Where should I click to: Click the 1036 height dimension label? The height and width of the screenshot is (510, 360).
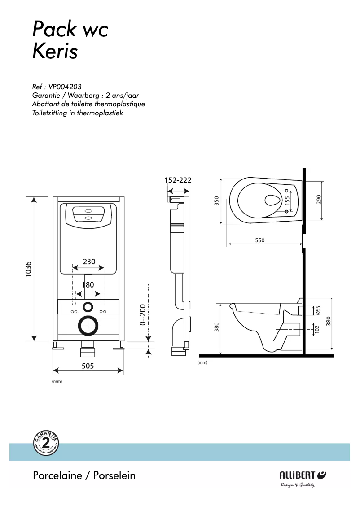coord(28,269)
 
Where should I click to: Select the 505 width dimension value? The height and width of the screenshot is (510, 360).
coord(88,366)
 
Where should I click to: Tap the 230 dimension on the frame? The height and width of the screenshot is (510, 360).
coord(88,262)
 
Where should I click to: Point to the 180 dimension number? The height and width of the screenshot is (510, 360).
coord(88,285)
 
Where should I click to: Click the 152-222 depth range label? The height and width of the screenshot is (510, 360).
coord(178,180)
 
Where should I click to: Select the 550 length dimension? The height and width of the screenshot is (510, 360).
coord(260,240)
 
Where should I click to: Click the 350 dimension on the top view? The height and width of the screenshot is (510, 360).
coord(216,201)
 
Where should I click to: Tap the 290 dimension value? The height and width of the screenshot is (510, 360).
coord(319,200)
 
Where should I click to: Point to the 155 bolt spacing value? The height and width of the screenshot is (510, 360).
coord(287,201)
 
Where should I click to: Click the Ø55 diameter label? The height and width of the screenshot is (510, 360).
coord(318,310)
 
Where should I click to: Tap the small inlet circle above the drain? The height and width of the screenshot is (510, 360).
coord(88,307)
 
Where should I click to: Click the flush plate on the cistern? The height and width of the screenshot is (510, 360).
coord(88,214)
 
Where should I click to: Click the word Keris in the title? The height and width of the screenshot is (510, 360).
coord(55,52)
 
